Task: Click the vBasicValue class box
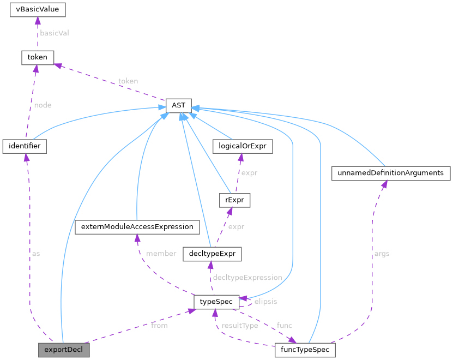(38, 10)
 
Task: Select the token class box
(37, 57)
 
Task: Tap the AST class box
(178, 105)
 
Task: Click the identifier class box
(25, 146)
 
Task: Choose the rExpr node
(233, 200)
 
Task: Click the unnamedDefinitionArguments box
(391, 173)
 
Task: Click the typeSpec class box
(216, 301)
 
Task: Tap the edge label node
(43, 105)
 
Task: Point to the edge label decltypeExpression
(247, 278)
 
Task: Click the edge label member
(161, 254)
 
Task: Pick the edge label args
(382, 254)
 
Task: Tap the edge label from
(159, 326)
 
